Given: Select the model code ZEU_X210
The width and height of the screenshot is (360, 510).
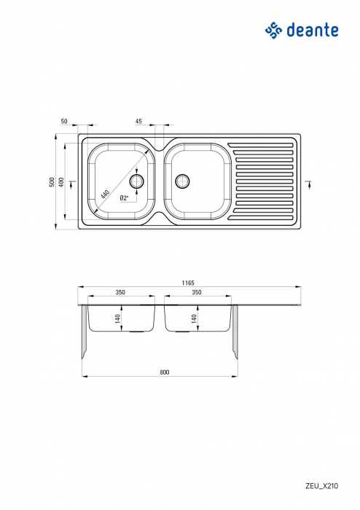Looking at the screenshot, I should click(321, 484).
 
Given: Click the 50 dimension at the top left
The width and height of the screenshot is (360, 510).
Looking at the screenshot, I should click(64, 122).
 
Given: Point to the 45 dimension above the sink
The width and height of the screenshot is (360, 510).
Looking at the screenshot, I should click(138, 122).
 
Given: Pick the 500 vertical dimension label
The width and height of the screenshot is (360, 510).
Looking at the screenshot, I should click(52, 181).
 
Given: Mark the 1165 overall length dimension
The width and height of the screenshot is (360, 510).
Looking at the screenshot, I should click(189, 283).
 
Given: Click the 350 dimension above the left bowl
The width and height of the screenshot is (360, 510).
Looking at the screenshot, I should click(120, 292).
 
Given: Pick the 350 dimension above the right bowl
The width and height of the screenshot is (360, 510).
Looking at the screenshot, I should click(196, 292).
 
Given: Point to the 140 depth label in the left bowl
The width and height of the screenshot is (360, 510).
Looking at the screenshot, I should click(117, 318).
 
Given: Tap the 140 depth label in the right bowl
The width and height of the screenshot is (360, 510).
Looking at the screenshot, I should click(193, 318).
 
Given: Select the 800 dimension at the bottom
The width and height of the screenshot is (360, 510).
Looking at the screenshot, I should click(164, 372).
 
